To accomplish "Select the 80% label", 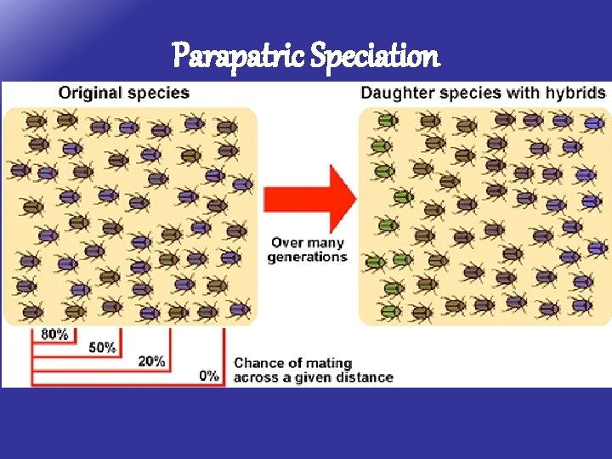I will [x=54, y=334].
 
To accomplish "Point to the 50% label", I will [x=102, y=348].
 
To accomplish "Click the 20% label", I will [x=151, y=361].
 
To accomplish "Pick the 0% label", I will [x=208, y=376].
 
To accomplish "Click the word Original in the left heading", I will [x=88, y=92].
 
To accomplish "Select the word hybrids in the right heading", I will [x=577, y=92].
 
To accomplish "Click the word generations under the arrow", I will [x=307, y=257].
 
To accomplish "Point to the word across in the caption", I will [x=257, y=377].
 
